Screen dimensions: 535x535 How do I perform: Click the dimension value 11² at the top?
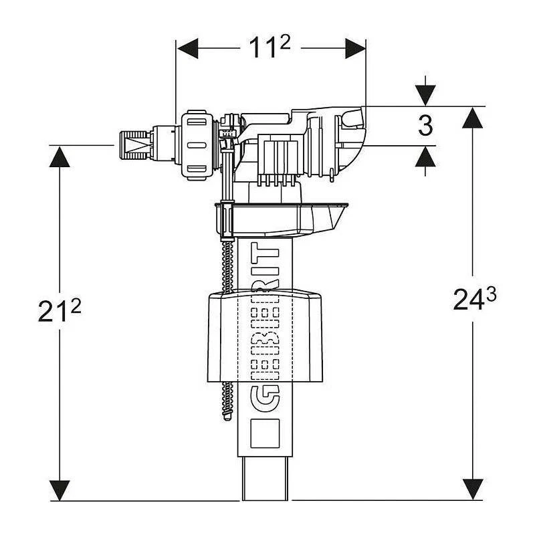pyautogui.click(x=271, y=49)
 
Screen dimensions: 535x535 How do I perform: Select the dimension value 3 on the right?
pyautogui.click(x=425, y=126)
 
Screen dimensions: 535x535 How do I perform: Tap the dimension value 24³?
pyautogui.click(x=473, y=300)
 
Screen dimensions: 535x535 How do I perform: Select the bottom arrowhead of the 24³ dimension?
pyautogui.click(x=473, y=489)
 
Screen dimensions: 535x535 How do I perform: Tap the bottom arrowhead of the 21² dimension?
pyautogui.click(x=61, y=489)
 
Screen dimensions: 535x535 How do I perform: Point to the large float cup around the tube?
pyautogui.click(x=264, y=334)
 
